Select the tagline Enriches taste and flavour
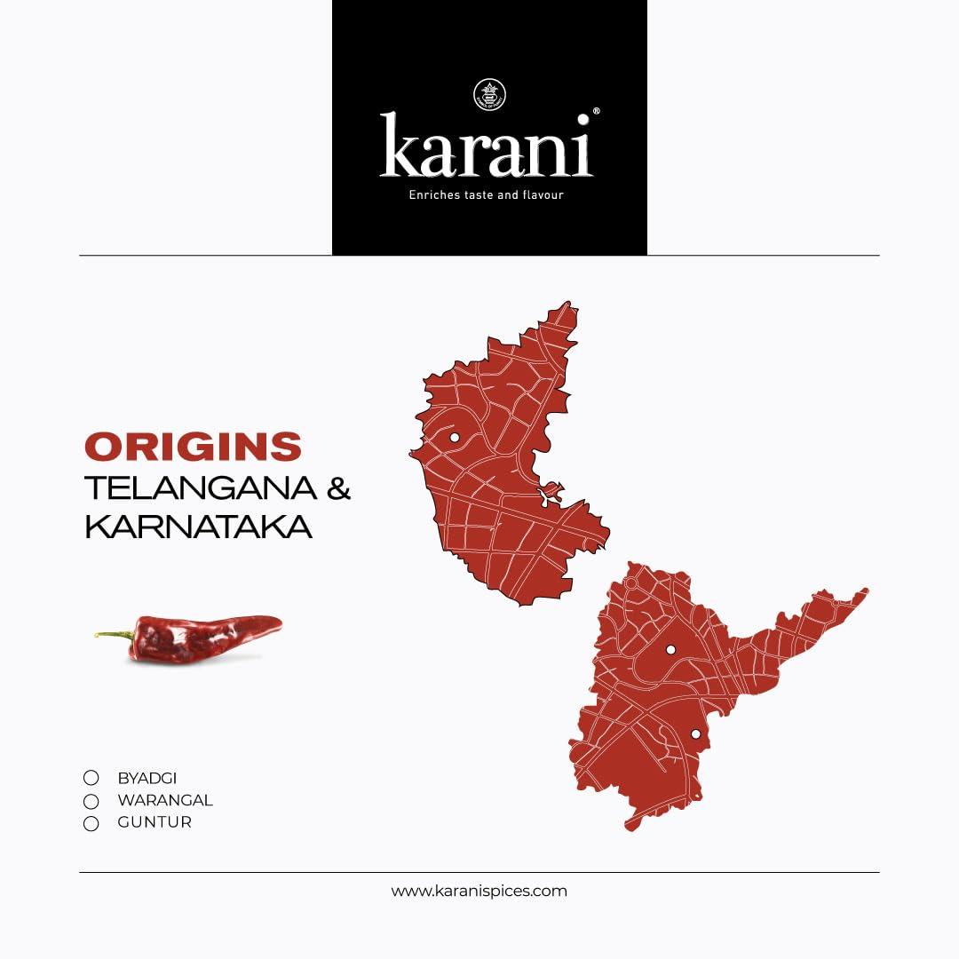(486, 194)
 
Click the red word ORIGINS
(193, 447)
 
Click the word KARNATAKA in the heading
(198, 527)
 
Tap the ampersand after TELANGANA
(338, 488)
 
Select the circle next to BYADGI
(91, 778)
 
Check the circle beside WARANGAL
(91, 801)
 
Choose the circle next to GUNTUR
(91, 823)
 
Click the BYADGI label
(147, 778)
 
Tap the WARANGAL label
(164, 800)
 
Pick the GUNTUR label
(154, 822)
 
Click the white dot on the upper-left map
(454, 437)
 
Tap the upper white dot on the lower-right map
(670, 650)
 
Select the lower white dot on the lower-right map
(695, 733)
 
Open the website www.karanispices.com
(479, 891)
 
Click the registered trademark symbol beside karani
(596, 112)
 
